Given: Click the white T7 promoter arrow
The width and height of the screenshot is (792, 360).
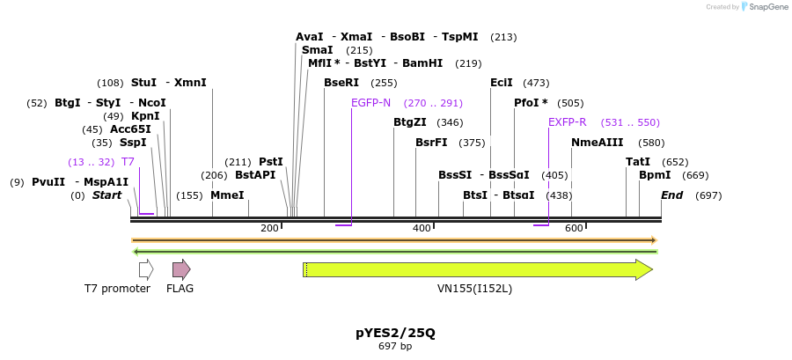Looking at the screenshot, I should coord(146,269).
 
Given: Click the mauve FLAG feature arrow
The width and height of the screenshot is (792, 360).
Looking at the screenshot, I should coord(180,269).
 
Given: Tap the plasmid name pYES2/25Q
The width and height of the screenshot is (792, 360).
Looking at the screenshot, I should coord(395,333).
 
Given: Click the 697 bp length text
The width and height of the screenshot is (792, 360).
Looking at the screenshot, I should coord(395,347).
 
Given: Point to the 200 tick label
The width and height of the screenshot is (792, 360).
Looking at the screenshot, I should coord(269,229).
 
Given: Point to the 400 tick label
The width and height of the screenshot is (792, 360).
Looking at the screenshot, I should coord(422,229).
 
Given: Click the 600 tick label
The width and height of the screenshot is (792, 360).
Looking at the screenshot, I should coord(574,229).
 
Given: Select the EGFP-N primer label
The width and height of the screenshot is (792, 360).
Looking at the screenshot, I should coord(370,103).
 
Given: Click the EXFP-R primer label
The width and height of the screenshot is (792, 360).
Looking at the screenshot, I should coord(568,122).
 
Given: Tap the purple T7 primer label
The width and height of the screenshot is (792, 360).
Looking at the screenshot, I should coord(128,162).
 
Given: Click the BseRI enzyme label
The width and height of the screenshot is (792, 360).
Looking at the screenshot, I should coord(341,84).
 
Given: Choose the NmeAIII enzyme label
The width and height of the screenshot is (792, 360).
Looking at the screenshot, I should coord(598,143).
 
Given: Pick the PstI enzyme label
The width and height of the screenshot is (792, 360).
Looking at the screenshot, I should coord(271,162).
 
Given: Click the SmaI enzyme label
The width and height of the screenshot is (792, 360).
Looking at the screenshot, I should coord(317,51).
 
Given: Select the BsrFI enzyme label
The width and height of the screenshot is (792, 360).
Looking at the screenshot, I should coord(431,143).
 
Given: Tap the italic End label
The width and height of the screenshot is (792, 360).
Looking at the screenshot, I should coord(672,195).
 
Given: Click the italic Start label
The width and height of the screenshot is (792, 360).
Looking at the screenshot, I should coord(106,195).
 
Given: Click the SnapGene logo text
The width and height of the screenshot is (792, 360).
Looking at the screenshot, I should coord(766,7).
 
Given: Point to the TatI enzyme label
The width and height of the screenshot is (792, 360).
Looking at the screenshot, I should coord(638,162).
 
